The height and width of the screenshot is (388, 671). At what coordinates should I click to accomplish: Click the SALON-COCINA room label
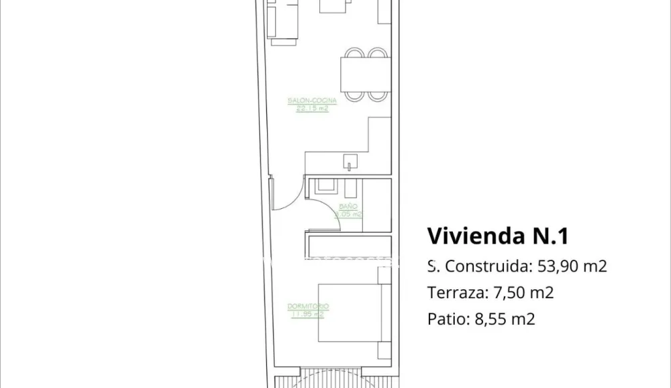click(x=312, y=101)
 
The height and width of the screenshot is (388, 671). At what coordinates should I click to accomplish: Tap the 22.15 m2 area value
click(x=312, y=108)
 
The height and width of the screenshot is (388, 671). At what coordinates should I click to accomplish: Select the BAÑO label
click(x=348, y=207)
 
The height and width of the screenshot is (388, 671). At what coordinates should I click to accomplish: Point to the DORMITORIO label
click(x=308, y=306)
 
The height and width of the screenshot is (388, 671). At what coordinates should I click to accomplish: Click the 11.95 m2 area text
click(x=308, y=313)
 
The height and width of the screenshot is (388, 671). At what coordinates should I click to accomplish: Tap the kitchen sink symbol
click(x=351, y=162)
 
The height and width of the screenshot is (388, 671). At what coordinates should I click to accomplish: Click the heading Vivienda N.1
click(x=498, y=236)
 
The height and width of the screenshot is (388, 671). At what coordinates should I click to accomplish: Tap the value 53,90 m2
click(x=572, y=266)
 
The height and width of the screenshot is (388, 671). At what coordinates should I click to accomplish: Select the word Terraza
click(x=452, y=293)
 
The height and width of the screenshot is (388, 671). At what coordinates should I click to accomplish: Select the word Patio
click(x=444, y=320)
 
